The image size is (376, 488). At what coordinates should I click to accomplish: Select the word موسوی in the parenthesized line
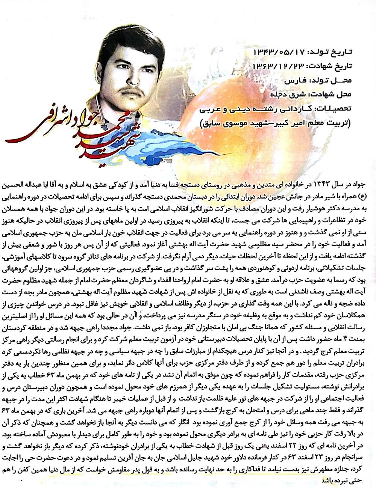pyautogui.click(x=233, y=122)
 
